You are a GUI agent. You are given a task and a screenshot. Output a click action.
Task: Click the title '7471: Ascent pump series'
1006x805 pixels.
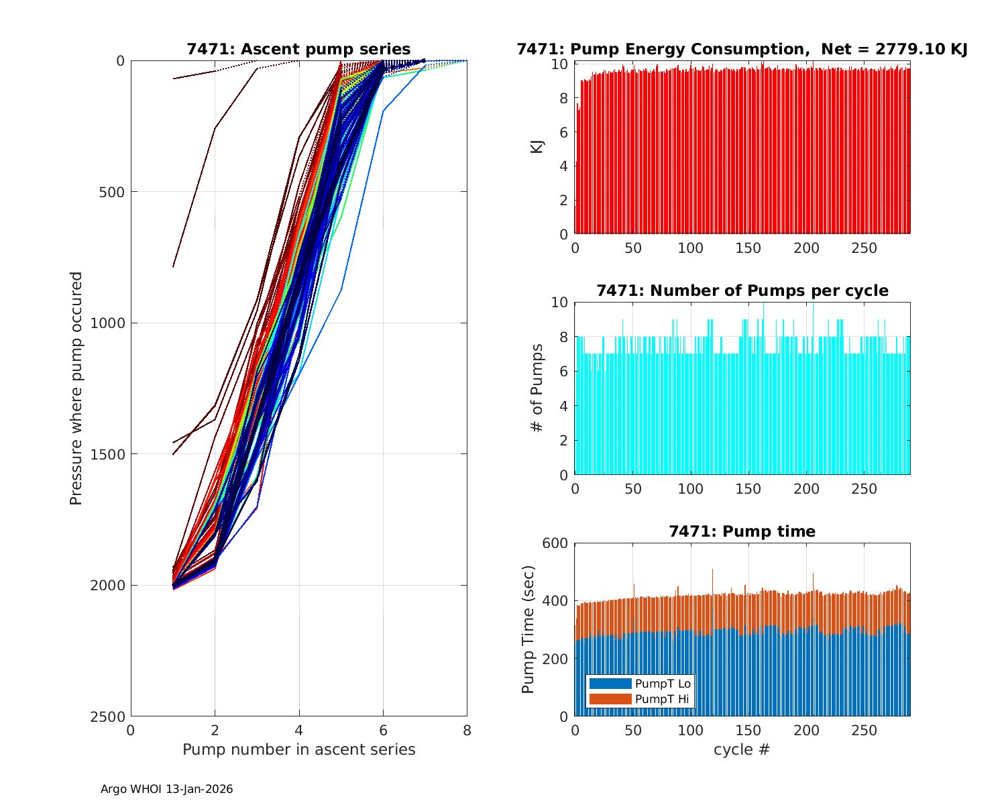(298, 49)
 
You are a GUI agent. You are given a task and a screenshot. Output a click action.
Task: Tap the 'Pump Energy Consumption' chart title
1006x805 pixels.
(742, 49)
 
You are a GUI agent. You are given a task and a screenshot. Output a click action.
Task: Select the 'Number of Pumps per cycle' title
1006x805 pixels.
(742, 290)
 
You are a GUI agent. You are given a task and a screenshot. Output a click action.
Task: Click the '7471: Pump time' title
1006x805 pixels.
(742, 531)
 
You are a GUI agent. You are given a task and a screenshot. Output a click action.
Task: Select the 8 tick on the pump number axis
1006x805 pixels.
(467, 731)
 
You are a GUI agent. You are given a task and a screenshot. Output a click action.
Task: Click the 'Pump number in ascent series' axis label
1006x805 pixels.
(298, 749)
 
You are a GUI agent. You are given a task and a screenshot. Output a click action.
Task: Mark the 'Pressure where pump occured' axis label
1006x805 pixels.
(76, 388)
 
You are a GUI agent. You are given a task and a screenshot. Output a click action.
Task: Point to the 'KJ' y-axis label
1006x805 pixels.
(537, 146)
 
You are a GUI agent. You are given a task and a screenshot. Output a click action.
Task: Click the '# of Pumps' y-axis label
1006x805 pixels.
(537, 388)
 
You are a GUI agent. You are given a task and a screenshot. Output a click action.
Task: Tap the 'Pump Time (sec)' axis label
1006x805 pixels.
(528, 629)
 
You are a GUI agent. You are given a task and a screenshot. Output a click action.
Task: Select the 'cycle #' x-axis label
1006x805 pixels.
(742, 749)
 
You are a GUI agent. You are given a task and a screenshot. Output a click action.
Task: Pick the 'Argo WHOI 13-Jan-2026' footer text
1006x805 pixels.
(166, 790)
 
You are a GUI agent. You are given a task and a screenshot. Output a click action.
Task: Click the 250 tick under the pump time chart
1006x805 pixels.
(864, 731)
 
